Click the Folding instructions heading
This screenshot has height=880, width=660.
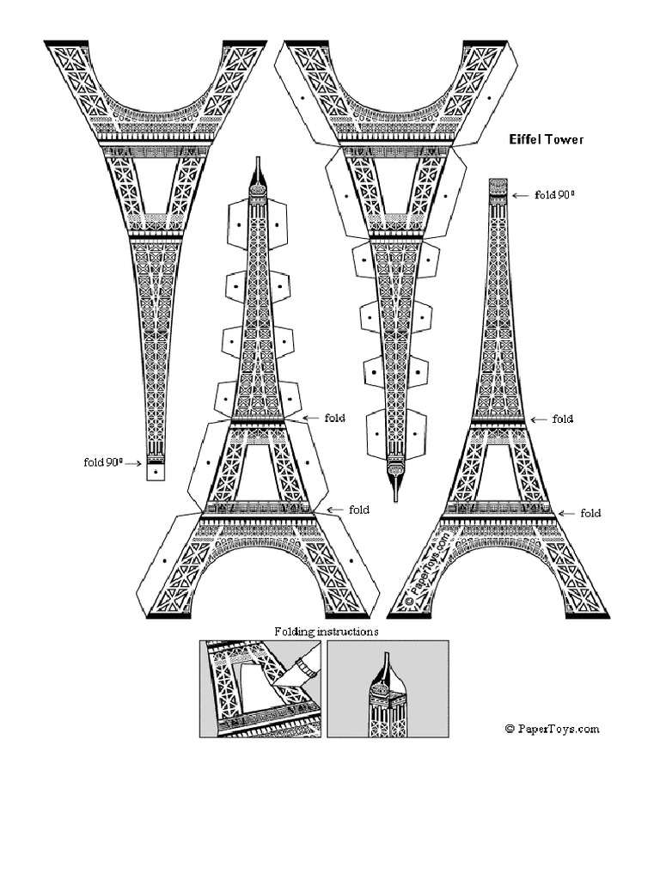click(327, 631)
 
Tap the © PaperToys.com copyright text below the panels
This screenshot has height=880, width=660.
click(552, 729)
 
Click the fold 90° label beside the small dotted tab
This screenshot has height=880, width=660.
click(103, 462)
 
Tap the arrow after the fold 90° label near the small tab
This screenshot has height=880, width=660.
click(135, 463)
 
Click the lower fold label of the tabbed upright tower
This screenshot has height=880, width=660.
click(358, 510)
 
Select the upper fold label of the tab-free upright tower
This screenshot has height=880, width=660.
click(563, 419)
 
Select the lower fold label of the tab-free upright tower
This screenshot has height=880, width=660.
click(590, 513)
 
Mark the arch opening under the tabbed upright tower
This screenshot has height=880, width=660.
click(258, 584)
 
